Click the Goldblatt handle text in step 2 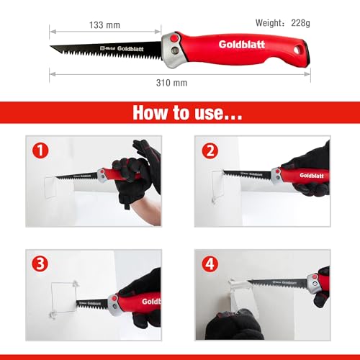click(311, 175)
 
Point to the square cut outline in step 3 click(72, 299)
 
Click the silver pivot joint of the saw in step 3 click(114, 305)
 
